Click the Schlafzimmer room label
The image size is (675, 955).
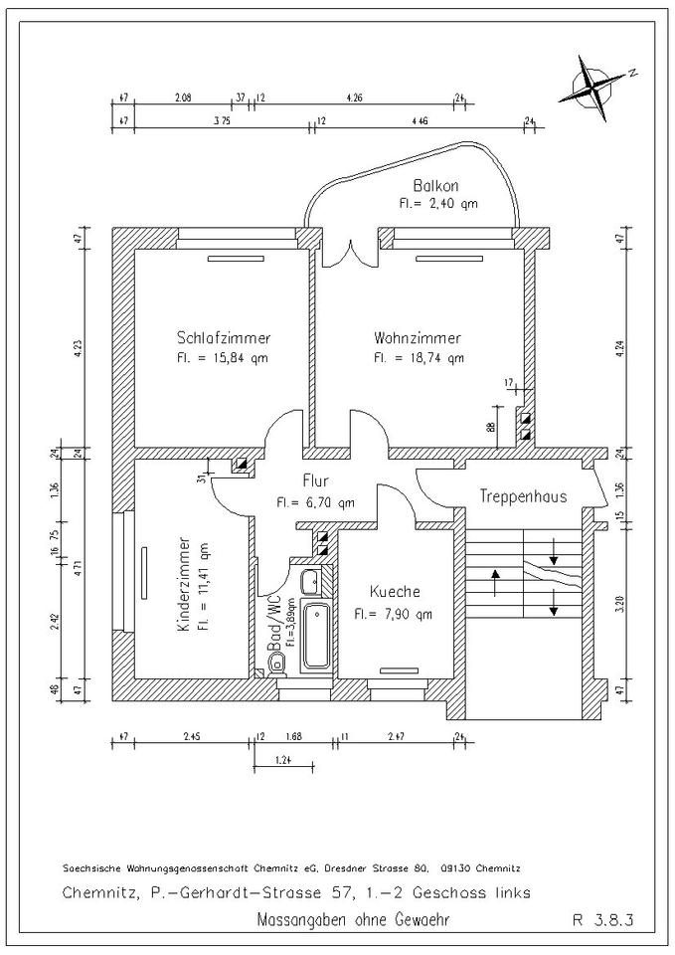224,336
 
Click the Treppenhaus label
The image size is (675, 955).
523,494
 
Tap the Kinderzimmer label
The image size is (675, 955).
185,587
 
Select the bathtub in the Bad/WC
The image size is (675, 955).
318,636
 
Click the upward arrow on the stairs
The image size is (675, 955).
494,580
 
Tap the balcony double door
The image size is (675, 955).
348,249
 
